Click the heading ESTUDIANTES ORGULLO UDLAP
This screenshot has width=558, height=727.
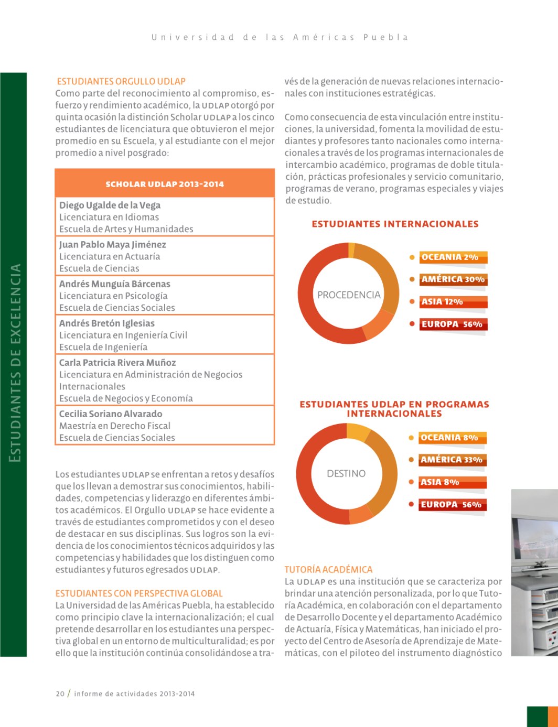point(121,81)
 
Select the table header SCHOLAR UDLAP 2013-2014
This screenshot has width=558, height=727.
point(165,184)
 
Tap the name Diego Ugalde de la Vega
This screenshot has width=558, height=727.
point(110,205)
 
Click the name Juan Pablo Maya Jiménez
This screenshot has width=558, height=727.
point(112,244)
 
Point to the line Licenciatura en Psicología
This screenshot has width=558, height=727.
point(113,296)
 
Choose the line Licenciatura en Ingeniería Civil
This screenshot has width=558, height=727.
point(123,335)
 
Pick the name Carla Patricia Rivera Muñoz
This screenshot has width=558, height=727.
point(117,362)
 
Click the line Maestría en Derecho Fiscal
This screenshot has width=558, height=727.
point(114,426)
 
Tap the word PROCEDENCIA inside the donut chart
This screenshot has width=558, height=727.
point(349,295)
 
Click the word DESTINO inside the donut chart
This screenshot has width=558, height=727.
point(346,473)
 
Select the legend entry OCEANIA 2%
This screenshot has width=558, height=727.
point(449,257)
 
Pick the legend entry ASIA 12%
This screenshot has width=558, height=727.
point(442,301)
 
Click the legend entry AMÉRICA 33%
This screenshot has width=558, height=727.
point(451,460)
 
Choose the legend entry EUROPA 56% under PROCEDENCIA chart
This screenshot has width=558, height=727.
point(452,324)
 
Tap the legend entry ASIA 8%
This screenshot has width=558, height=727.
point(439,482)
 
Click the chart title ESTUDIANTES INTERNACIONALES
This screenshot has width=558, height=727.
point(395,224)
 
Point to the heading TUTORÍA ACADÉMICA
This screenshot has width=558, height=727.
point(328,569)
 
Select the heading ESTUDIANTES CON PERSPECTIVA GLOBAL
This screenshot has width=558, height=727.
point(139,593)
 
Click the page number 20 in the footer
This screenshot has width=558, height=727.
point(60,693)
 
